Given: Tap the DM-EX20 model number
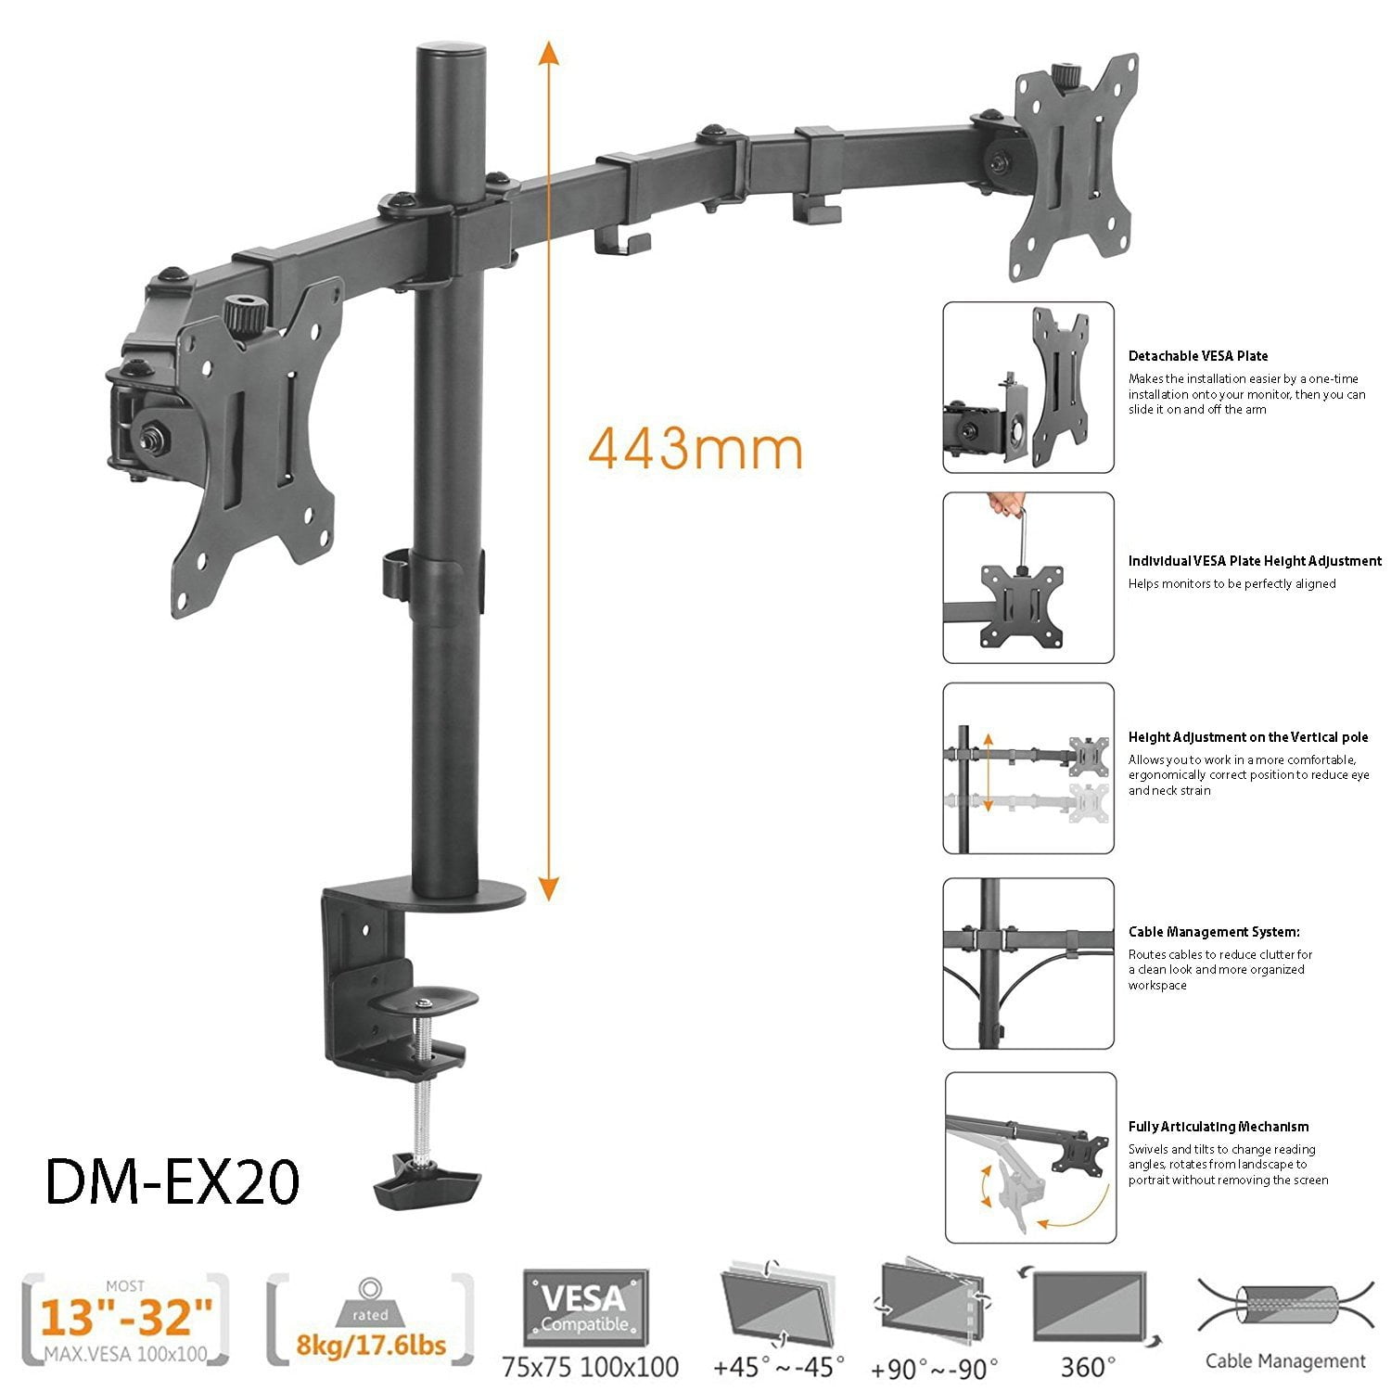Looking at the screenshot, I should [172, 1182].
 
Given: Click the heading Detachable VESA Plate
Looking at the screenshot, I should [1197, 356].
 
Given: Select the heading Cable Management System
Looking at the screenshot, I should [1213, 932].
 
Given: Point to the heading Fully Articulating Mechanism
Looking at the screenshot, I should [1218, 1127].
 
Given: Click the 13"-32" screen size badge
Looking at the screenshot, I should [124, 1318].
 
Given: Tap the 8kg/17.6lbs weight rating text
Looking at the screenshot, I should [371, 1345].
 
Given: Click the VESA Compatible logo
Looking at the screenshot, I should [585, 1308].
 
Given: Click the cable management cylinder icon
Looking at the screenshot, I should [1285, 1305].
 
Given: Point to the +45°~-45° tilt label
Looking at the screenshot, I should [779, 1366].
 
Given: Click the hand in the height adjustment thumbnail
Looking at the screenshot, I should [1007, 505].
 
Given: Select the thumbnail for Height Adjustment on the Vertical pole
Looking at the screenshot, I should [1028, 768].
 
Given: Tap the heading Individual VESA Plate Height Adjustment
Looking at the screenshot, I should [1254, 561].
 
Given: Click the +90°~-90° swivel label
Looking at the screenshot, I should [934, 1367].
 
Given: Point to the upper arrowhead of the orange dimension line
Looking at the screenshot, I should [549, 52].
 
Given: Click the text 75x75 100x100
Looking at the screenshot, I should [590, 1366].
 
